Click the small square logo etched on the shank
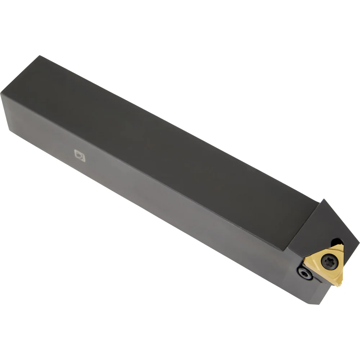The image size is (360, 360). pyautogui.click(x=80, y=156)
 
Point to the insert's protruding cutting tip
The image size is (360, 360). pyautogui.click(x=338, y=284)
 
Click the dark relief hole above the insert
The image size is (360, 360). pyautogui.click(x=337, y=242)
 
